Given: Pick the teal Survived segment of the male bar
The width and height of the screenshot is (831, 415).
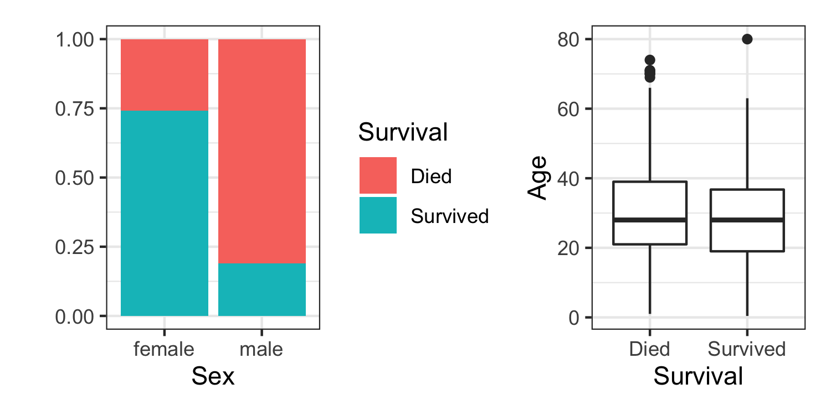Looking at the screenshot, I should [262, 289].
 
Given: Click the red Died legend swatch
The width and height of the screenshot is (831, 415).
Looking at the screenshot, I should [378, 175].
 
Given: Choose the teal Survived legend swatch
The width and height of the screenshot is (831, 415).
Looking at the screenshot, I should [378, 215].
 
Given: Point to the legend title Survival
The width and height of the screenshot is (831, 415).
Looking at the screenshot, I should [403, 133].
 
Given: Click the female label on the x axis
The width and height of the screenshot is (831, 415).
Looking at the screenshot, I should [164, 350].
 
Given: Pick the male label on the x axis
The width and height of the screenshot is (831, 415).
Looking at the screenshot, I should [261, 350].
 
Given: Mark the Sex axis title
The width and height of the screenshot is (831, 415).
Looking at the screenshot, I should [213, 376].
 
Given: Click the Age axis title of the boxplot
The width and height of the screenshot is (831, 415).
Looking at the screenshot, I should [537, 178].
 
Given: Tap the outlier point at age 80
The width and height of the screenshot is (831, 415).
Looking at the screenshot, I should [747, 39].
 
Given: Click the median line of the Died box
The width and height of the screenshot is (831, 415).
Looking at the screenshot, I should [650, 220].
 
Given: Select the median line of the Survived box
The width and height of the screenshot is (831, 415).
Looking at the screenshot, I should [747, 220].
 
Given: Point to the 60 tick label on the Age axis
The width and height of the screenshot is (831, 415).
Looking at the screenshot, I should [568, 108].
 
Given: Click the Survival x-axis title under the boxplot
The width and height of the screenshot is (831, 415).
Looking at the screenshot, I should [698, 376].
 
